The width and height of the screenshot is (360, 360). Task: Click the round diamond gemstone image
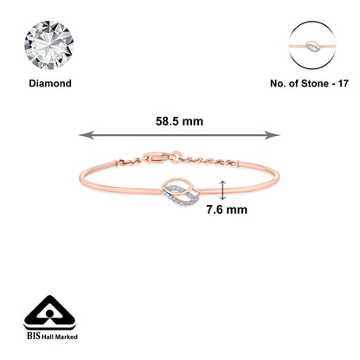(49, 45)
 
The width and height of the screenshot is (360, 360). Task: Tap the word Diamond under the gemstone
(50, 83)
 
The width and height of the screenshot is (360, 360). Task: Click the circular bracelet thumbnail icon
(312, 45)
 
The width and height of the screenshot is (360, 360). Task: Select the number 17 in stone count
(343, 83)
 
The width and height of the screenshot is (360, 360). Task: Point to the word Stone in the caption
(314, 83)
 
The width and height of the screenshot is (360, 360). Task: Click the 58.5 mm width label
(179, 121)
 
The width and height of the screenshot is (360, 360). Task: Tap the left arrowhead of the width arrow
(86, 135)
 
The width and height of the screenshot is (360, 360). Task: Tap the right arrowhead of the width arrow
(273, 135)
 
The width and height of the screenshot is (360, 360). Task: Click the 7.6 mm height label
(227, 209)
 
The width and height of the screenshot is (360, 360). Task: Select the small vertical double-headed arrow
(222, 190)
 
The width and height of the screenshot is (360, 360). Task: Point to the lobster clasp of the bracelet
(156, 157)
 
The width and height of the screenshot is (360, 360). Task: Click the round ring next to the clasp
(175, 157)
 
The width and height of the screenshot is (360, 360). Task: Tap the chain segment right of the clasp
(209, 161)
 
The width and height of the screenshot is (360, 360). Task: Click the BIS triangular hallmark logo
(50, 312)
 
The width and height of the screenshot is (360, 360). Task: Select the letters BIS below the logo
(34, 336)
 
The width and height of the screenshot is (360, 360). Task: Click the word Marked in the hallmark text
(67, 337)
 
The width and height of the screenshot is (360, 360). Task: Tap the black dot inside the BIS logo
(49, 313)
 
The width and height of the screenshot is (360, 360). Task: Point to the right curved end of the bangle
(275, 177)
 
